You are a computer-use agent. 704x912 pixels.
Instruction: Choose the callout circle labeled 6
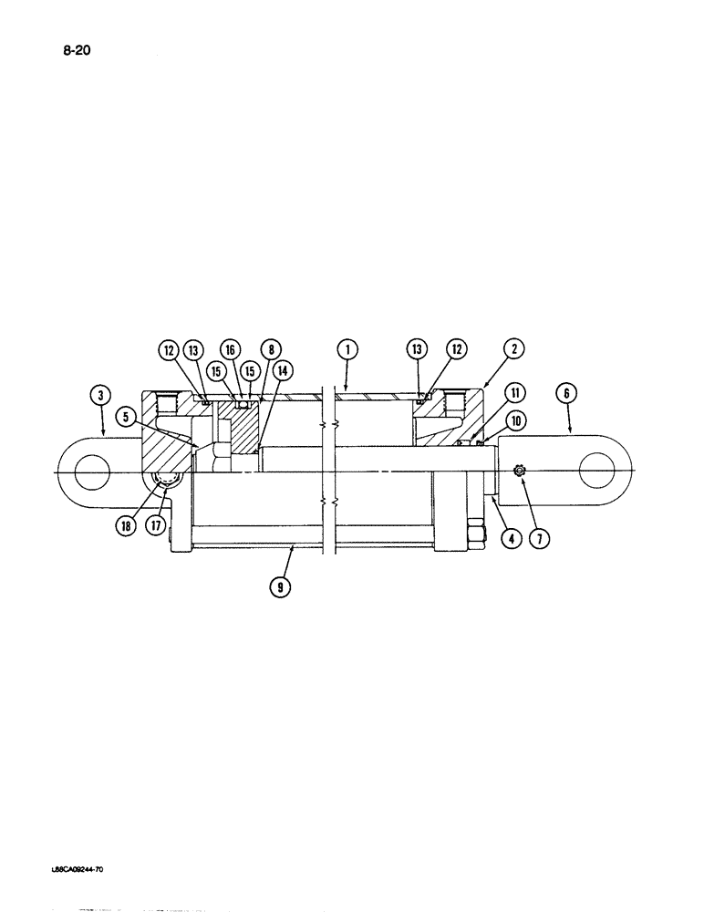[567, 394]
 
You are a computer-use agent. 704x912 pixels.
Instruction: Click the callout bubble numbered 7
[540, 539]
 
